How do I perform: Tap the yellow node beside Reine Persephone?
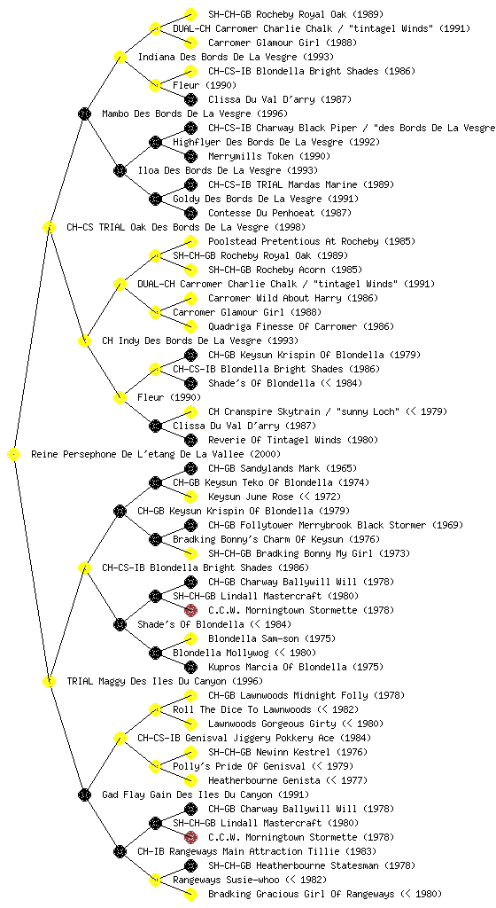point(14,454)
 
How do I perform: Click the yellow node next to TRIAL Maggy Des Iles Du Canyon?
point(49,681)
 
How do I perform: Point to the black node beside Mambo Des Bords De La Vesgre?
point(84,113)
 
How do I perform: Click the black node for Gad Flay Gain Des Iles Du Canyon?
point(84,794)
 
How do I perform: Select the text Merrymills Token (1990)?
point(269,156)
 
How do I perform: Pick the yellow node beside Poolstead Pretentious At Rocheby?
point(190,241)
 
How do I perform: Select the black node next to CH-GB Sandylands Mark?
point(190,468)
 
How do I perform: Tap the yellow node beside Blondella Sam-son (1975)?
point(190,638)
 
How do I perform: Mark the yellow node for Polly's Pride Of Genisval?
point(155,766)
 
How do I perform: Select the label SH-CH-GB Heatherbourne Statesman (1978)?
point(312,865)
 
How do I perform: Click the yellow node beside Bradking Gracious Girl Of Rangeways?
point(190,894)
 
